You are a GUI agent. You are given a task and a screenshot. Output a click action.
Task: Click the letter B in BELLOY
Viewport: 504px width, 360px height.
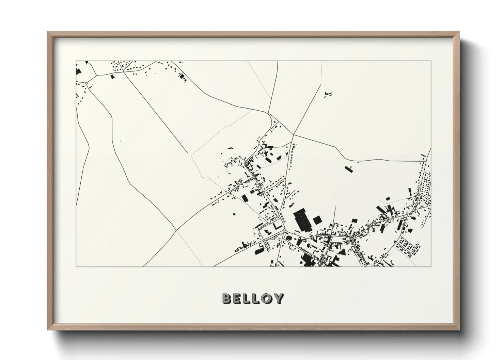point(227,298)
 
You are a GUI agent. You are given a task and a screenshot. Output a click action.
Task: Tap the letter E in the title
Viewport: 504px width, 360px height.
point(238,298)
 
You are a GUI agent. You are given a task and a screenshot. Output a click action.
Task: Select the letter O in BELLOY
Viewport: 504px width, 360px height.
point(267,298)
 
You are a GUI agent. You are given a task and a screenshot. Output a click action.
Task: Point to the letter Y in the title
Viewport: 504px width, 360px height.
point(278,298)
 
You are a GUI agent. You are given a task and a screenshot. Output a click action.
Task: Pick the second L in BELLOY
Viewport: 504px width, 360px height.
point(257,298)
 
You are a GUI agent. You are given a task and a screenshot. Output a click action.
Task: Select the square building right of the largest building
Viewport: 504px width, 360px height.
point(317,219)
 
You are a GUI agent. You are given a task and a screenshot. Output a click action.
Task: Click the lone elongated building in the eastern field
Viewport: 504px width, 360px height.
point(348,168)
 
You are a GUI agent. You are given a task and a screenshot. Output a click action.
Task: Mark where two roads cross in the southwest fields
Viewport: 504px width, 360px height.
point(176,230)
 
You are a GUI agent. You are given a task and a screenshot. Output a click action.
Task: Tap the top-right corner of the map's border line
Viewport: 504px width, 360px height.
point(431,61)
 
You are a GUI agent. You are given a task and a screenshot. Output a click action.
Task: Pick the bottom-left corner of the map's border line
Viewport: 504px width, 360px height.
point(76,266)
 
